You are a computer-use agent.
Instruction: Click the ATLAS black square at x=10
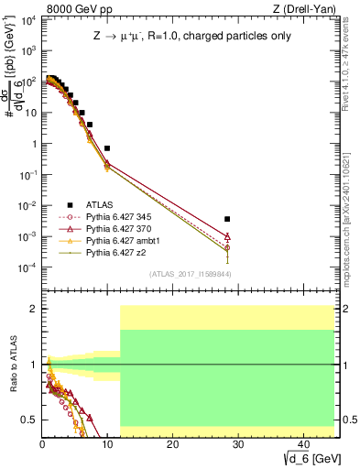(107, 147)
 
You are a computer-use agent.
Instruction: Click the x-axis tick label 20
(172, 443)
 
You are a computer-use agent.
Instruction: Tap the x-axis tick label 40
(302, 443)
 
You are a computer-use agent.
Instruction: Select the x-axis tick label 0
(42, 443)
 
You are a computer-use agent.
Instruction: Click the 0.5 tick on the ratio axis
(31, 420)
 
